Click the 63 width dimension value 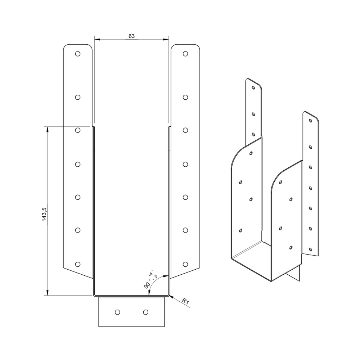click(x=131, y=36)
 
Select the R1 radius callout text click(x=185, y=301)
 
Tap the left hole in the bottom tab click(x=117, y=312)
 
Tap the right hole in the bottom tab click(x=145, y=312)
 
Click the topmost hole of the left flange click(x=78, y=54)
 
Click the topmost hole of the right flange click(x=185, y=54)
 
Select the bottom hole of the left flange click(x=78, y=264)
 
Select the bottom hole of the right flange click(x=185, y=264)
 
